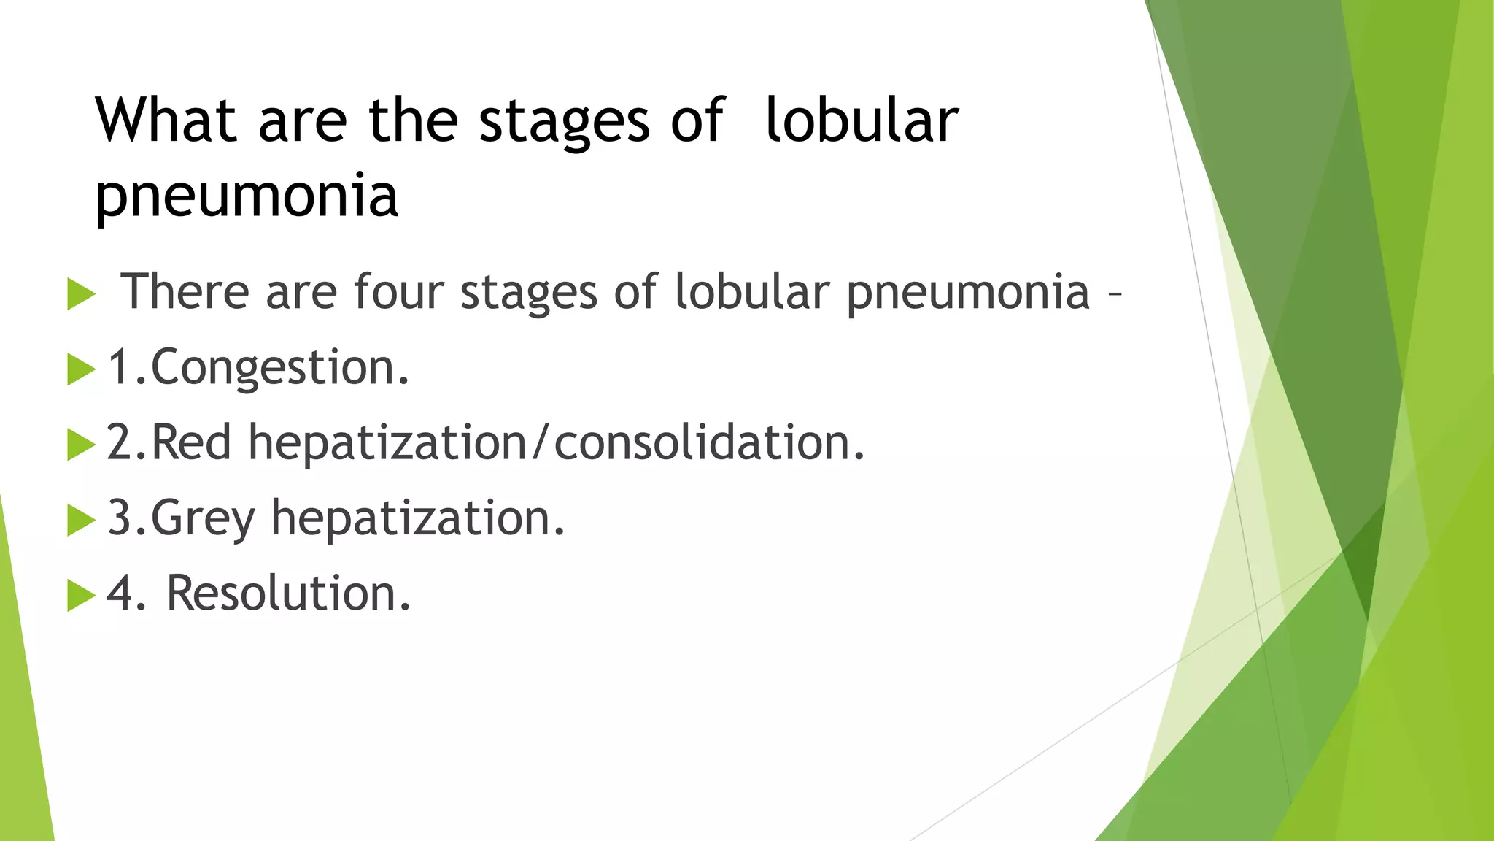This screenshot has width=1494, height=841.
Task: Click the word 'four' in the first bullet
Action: [398, 292]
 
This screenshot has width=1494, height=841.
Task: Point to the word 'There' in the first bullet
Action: [185, 292]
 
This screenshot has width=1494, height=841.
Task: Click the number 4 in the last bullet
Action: [120, 593]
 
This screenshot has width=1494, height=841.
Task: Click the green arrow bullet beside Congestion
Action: [80, 369]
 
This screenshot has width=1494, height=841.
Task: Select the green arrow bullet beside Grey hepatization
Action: [80, 520]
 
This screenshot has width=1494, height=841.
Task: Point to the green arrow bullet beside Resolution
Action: [80, 594]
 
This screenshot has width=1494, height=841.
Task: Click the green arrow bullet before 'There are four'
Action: [80, 294]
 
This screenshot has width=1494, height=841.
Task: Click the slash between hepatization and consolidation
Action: [539, 442]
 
